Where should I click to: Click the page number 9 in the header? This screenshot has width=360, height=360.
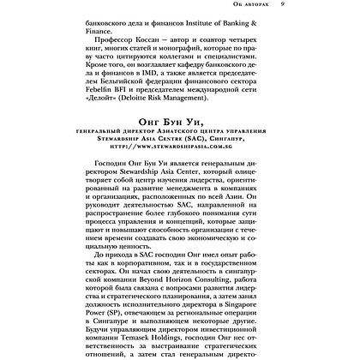(x=307, y=5)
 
